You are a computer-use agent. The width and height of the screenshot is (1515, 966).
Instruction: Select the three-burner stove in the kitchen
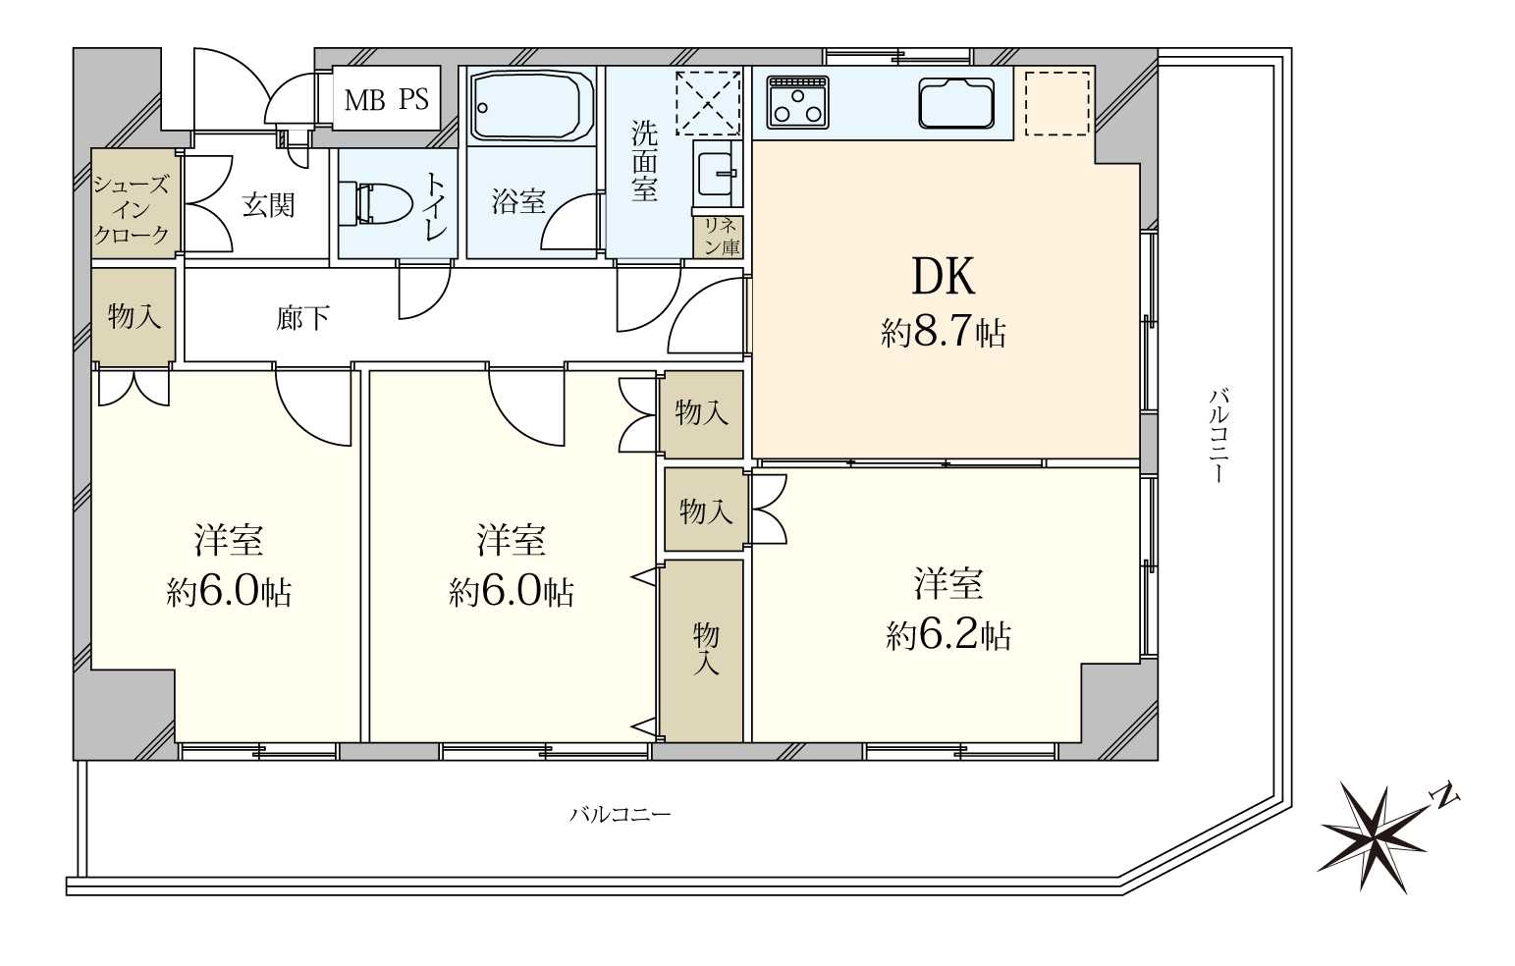coord(798,101)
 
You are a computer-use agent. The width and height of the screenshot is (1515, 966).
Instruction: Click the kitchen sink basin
coord(956,103)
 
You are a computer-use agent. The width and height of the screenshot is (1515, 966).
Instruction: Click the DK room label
coord(944,278)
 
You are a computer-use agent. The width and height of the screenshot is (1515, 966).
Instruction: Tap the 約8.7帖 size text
coord(944,333)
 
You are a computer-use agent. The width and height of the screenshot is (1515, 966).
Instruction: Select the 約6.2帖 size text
coord(948,636)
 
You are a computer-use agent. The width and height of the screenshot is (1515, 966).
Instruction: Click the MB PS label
coord(386,99)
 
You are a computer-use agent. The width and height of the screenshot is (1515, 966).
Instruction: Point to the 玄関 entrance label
coord(268,205)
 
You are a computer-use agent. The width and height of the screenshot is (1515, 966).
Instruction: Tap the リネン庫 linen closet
coord(719,237)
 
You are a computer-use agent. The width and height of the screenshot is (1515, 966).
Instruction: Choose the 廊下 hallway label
coord(302,318)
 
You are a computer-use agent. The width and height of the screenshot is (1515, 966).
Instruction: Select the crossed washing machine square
coord(708,103)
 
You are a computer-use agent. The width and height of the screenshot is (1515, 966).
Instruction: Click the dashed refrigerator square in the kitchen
coord(1057,103)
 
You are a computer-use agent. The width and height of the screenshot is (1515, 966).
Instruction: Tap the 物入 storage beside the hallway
coord(134,315)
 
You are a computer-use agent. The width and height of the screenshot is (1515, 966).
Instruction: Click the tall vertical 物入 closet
coord(703,650)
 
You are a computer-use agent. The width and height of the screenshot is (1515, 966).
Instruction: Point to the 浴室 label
coord(518,201)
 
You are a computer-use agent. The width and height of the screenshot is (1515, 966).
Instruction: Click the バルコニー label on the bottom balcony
coord(620,813)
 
